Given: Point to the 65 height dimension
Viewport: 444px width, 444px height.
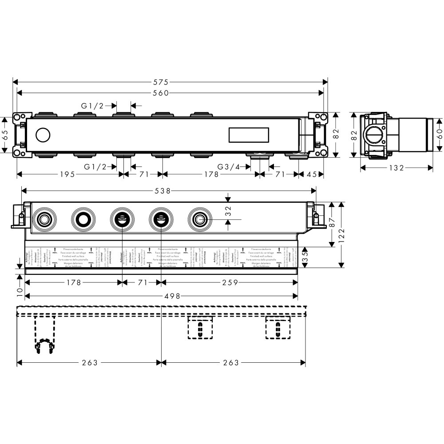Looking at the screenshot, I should (x=5, y=135).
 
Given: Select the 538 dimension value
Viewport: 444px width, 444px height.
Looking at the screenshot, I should (x=163, y=190).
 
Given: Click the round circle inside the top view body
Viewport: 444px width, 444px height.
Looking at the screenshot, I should (x=44, y=135).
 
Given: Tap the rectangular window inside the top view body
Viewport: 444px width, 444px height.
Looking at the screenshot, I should (x=249, y=135).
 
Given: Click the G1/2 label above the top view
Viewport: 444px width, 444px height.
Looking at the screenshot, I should (x=92, y=106).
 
